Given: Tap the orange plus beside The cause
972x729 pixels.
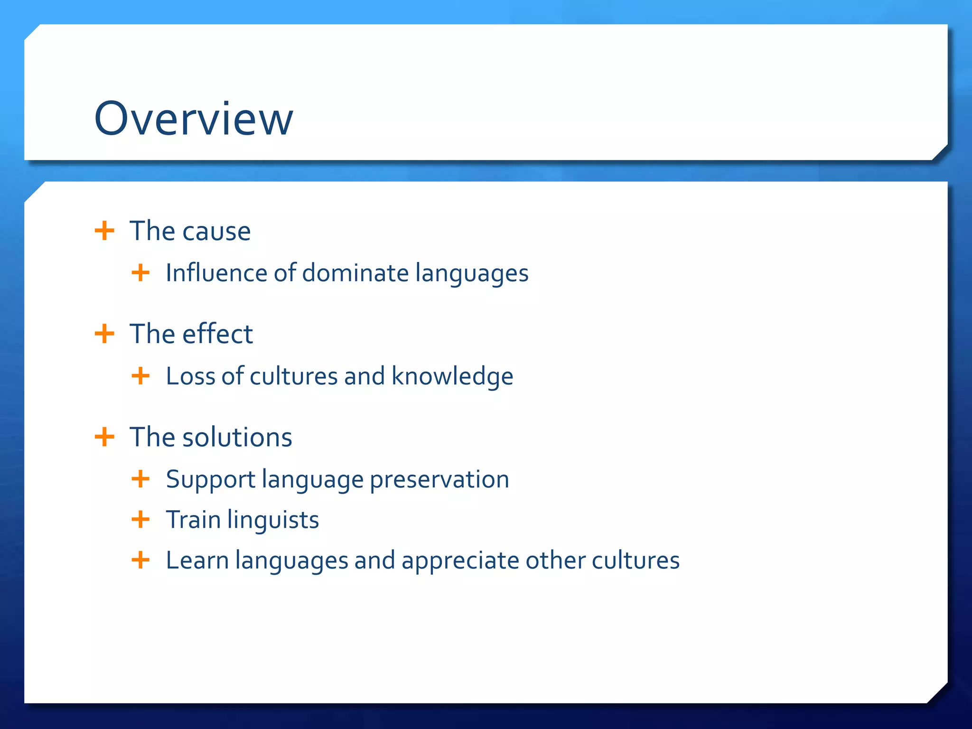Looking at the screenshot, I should pyautogui.click(x=104, y=231).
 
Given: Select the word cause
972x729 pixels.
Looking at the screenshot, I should pyautogui.click(x=216, y=232).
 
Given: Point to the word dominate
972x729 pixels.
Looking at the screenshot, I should pyautogui.click(x=355, y=273).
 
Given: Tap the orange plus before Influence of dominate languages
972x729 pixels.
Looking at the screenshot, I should pyautogui.click(x=140, y=273).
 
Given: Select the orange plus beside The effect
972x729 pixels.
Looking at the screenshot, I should pyautogui.click(x=104, y=334).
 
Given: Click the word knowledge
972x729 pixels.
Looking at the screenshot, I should pyautogui.click(x=452, y=376).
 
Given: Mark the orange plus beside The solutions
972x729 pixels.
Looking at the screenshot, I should pyautogui.click(x=104, y=437).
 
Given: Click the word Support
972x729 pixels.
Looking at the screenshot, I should pyautogui.click(x=211, y=479).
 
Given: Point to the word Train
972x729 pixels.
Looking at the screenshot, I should pyautogui.click(x=193, y=520).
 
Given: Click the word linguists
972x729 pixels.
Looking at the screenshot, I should pyautogui.click(x=273, y=520).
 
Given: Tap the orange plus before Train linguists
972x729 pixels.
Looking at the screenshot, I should pyautogui.click(x=140, y=519).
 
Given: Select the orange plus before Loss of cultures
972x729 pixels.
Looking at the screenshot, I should pyautogui.click(x=140, y=376).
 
